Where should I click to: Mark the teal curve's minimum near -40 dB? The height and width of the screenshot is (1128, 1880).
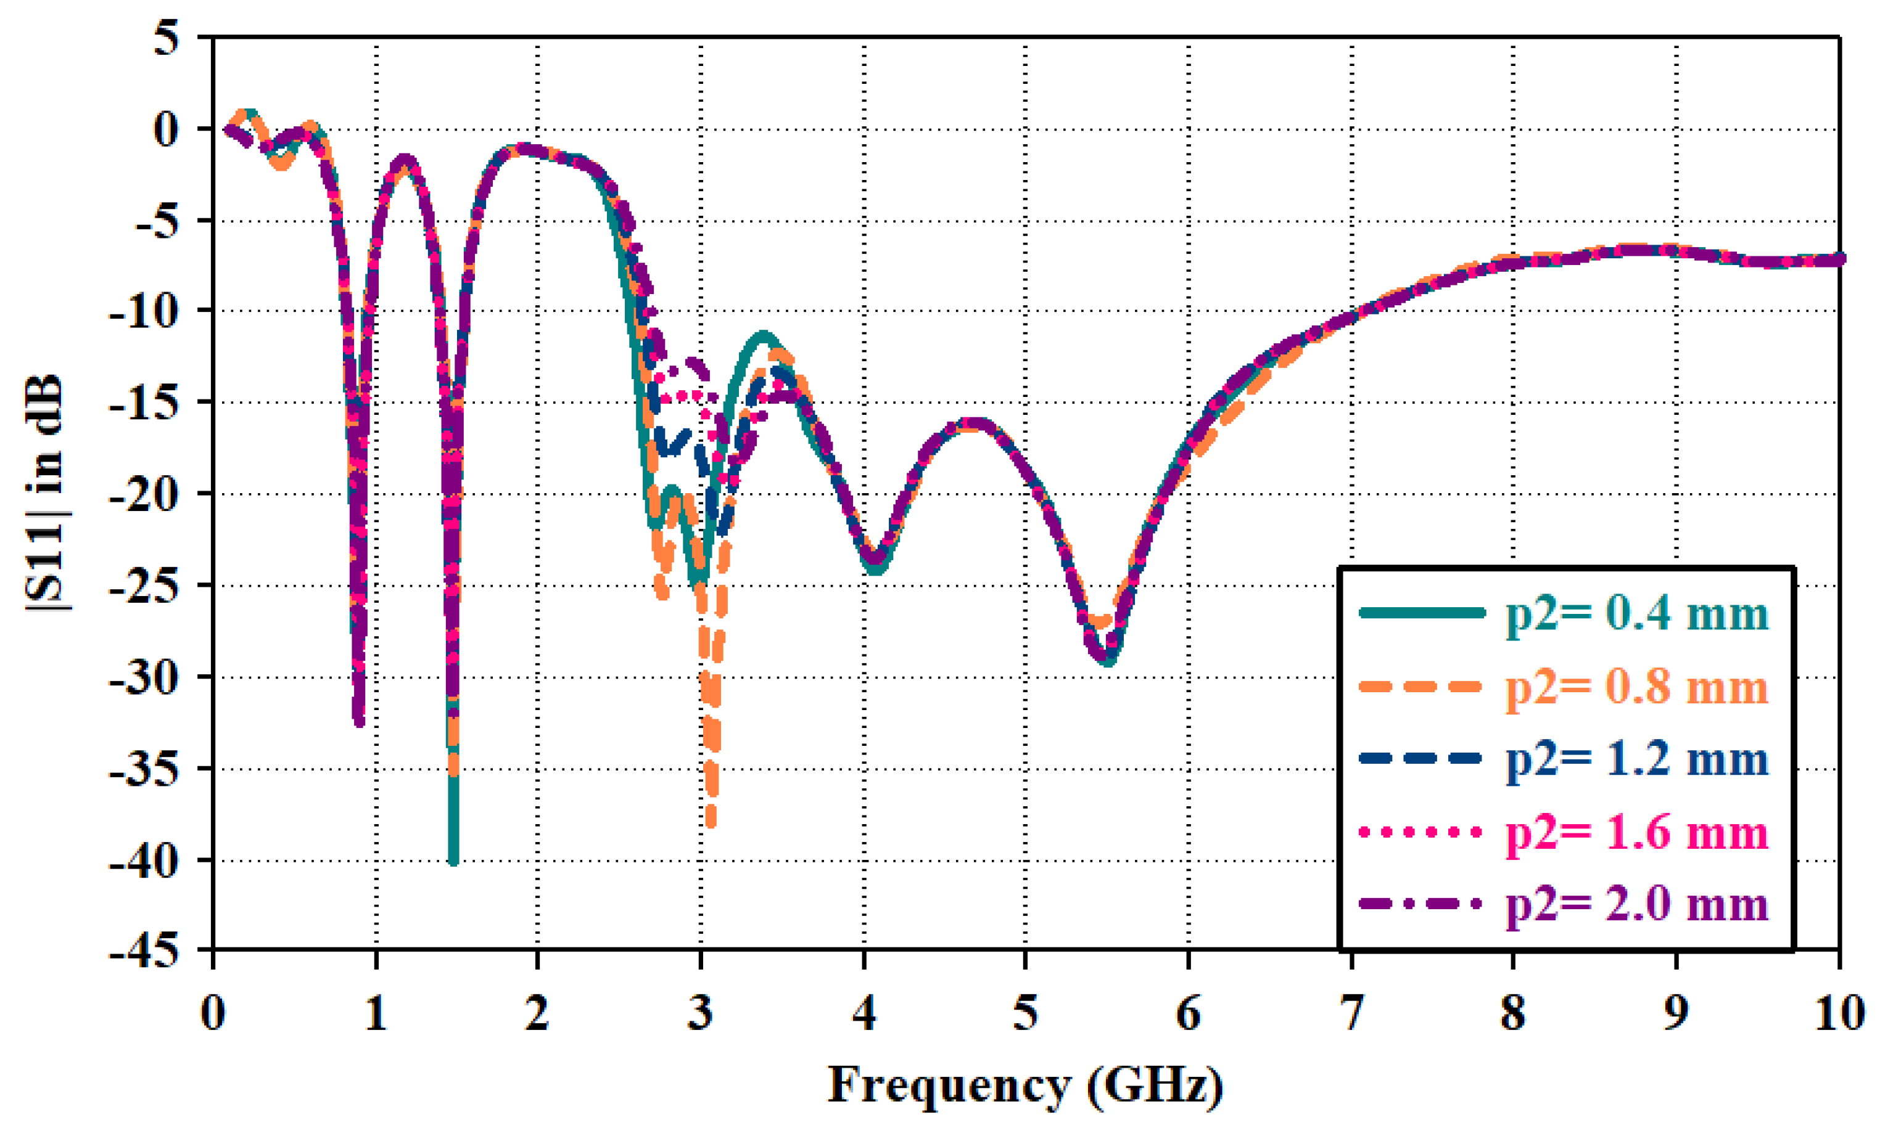coord(453,861)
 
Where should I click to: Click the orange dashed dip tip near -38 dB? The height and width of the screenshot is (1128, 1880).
coord(711,824)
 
